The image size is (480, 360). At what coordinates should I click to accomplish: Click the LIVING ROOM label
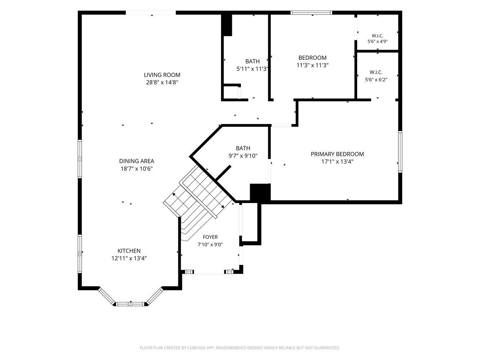[162, 75]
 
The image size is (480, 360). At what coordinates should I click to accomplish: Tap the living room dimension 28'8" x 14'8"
[162, 82]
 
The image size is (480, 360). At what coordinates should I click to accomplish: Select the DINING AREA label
[137, 161]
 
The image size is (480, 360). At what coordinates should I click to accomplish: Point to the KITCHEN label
[129, 251]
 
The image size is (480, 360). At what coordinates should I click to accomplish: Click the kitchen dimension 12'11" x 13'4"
[129, 258]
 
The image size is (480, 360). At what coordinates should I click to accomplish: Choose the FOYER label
[210, 237]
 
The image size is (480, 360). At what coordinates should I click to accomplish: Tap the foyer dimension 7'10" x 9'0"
[210, 244]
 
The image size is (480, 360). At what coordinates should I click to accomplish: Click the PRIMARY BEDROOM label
[337, 154]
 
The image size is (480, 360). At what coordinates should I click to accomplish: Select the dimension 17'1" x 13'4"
[337, 162]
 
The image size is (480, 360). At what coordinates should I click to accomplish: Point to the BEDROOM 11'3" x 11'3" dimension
[313, 65]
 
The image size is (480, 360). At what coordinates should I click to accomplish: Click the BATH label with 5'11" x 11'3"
[252, 62]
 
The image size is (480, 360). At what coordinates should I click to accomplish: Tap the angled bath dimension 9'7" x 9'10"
[243, 156]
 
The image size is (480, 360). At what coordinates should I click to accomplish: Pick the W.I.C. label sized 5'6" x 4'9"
[377, 36]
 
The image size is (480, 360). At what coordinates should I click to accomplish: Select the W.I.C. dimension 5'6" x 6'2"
[376, 80]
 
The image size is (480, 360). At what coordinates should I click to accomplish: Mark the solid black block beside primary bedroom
[260, 192]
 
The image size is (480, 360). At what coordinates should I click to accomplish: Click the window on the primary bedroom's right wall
[400, 152]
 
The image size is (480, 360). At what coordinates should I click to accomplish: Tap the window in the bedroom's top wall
[311, 13]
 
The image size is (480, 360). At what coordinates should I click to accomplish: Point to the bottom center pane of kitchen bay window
[130, 304]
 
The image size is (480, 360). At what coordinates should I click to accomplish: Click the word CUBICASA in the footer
[197, 348]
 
